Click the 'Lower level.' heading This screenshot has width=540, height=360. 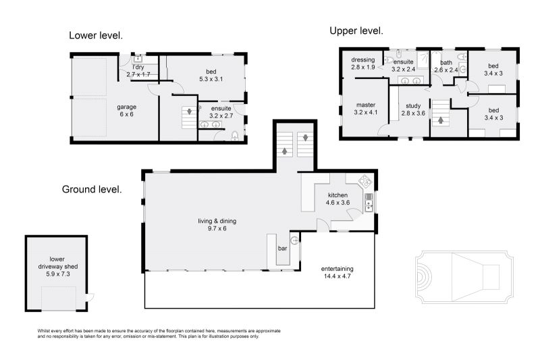[96, 36]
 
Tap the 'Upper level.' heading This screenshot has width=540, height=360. [356, 31]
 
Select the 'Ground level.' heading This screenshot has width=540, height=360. [92, 190]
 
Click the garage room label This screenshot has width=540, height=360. [126, 107]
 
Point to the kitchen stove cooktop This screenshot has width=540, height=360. [365, 181]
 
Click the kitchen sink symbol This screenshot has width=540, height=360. [369, 202]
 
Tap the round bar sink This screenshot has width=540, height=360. [294, 240]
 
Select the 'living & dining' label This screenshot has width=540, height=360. [217, 221]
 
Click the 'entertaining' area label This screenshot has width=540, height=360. [337, 269]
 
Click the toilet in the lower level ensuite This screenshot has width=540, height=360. [234, 136]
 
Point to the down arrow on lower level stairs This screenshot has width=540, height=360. [189, 111]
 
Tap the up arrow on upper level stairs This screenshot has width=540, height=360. [441, 120]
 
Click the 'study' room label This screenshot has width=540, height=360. [413, 106]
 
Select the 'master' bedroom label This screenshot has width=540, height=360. [366, 105]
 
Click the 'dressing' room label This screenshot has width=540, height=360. [363, 60]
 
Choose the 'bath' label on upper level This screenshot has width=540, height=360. [446, 63]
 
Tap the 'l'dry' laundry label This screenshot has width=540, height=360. [138, 68]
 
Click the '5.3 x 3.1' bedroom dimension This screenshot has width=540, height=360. [211, 79]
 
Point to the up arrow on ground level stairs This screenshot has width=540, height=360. [284, 151]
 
